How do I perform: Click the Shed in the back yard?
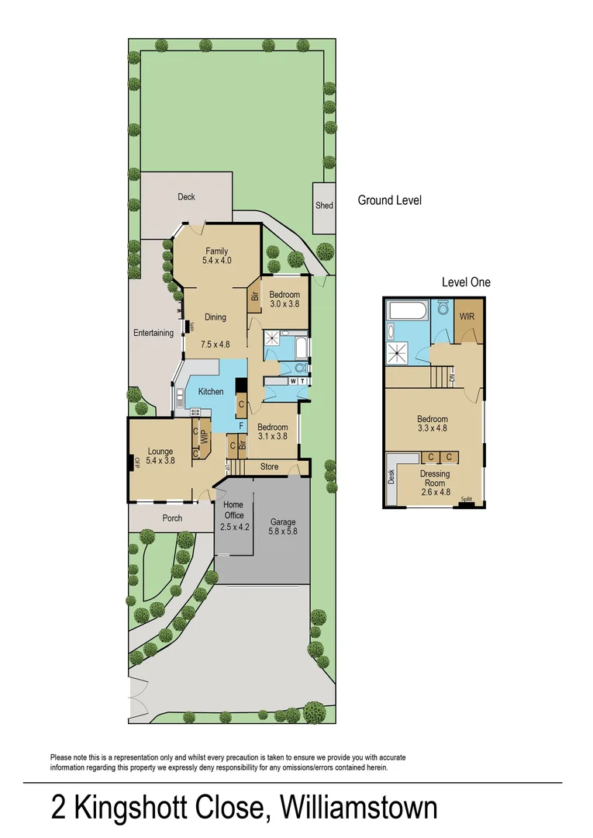[x=324, y=206]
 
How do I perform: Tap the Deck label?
[x=186, y=197]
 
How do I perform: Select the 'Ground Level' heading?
[x=389, y=200]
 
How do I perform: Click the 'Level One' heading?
[x=466, y=282]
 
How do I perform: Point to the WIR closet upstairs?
[x=467, y=317]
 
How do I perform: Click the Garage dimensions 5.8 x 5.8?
[x=283, y=532]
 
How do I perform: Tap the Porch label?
[x=172, y=518]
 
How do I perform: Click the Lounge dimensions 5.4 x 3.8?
[x=160, y=460]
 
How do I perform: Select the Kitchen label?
[x=210, y=392]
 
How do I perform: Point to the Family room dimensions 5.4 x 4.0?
[x=217, y=261]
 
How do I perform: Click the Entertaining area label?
[x=153, y=334]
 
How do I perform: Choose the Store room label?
[x=269, y=467]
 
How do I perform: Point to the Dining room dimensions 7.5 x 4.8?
[x=215, y=345]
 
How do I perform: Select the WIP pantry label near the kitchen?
[x=205, y=436]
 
